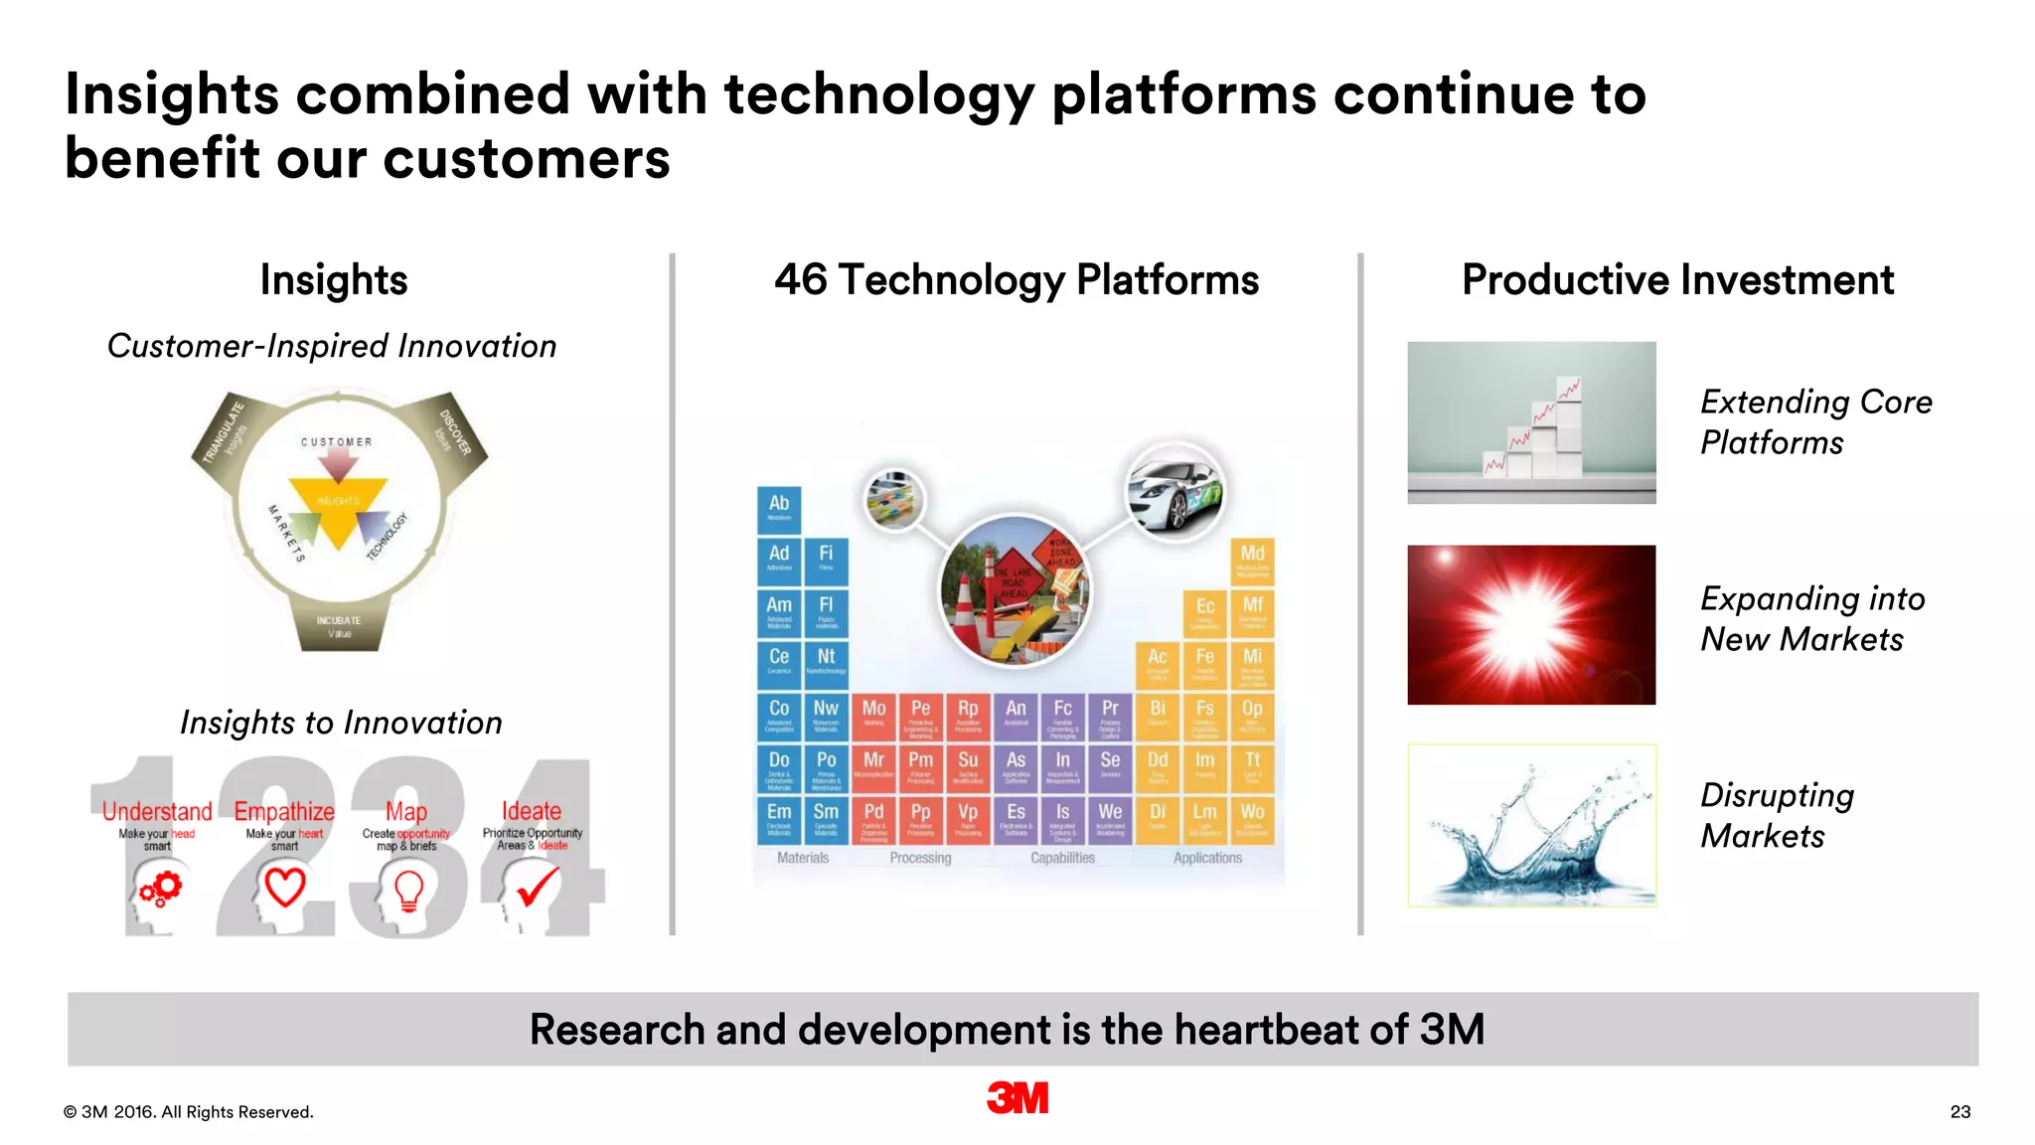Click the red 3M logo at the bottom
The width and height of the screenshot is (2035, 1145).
click(1017, 1097)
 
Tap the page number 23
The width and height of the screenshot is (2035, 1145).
click(1959, 1111)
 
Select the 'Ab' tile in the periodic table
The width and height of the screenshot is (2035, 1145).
click(779, 509)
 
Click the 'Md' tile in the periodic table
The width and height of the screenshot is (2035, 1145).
click(1252, 561)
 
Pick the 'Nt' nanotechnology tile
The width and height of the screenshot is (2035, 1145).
click(826, 664)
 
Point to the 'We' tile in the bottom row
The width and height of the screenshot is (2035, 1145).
click(1110, 819)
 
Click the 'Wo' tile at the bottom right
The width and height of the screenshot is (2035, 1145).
click(1252, 819)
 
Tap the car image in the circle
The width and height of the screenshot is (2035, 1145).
click(1174, 491)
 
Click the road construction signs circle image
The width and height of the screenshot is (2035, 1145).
click(1015, 590)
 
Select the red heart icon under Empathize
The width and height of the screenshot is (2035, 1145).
click(284, 887)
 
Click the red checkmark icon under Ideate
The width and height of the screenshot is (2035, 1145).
click(537, 886)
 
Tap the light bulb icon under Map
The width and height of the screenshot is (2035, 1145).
click(408, 890)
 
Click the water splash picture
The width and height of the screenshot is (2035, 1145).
click(1531, 825)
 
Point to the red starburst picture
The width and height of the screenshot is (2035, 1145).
click(1531, 624)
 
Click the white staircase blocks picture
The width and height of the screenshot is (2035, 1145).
click(1531, 422)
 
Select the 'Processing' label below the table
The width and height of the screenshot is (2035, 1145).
click(920, 858)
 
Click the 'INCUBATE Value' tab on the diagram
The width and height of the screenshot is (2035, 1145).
click(339, 626)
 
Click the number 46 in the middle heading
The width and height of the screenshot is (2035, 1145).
click(800, 280)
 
